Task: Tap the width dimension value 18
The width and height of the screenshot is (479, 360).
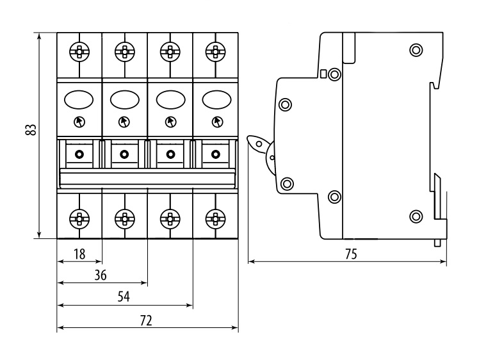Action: click(79, 254)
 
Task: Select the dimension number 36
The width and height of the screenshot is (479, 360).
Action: click(100, 275)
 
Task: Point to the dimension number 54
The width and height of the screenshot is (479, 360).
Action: click(124, 297)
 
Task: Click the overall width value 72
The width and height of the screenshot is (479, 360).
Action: click(146, 320)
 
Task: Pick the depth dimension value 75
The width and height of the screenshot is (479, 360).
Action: click(351, 254)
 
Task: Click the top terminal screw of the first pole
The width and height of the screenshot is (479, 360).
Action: click(79, 51)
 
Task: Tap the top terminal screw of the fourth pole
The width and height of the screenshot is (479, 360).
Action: click(216, 51)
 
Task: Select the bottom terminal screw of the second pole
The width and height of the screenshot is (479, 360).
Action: click(125, 219)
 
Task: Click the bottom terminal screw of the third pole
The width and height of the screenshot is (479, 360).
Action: click(170, 219)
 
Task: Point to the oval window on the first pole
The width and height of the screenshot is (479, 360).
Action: click(79, 100)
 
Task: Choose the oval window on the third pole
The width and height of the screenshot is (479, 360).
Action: click(171, 100)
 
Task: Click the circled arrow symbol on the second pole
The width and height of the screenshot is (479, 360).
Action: click(124, 122)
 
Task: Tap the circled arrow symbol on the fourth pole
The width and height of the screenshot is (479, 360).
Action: click(217, 122)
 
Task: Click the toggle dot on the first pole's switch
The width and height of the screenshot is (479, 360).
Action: click(79, 154)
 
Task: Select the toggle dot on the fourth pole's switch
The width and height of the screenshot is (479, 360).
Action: click(216, 154)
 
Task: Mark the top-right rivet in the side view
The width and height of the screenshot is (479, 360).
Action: click(416, 49)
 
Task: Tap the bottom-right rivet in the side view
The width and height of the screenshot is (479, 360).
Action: click(416, 217)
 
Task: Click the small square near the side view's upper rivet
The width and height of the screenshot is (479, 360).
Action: click(323, 73)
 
